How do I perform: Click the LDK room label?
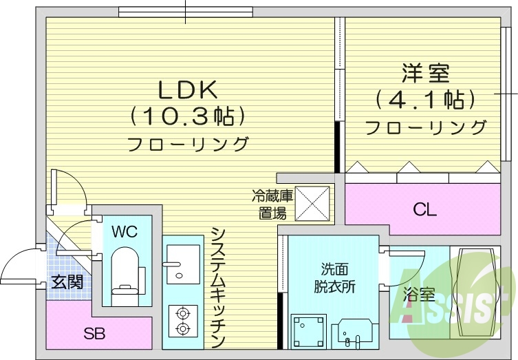pos(187,89)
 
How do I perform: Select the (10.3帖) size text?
pos(187,116)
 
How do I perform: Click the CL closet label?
pos(424,211)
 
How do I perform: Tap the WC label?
pos(125,231)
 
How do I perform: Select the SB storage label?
pos(94,335)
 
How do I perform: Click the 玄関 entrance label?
pos(67,282)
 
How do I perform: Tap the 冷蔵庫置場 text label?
pos(272,204)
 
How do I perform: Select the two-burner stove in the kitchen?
pos(182,321)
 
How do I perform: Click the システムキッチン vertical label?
pos(218,287)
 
